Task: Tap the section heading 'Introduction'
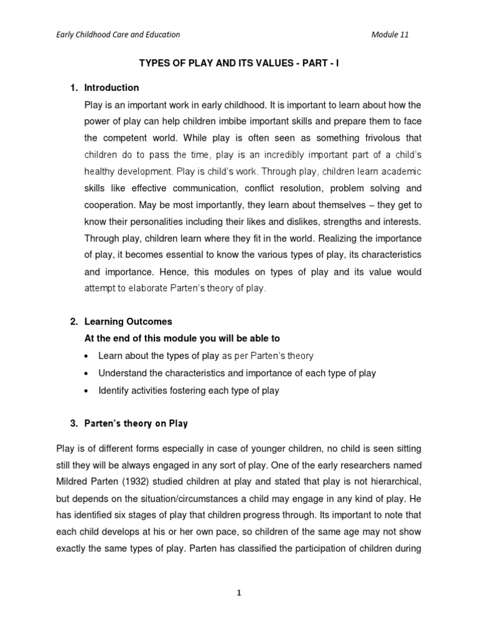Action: [111, 88]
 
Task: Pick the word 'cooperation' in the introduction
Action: [110, 204]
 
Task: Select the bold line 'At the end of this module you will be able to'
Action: [182, 338]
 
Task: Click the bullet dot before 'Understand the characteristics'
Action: [86, 373]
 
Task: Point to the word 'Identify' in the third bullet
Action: [114, 391]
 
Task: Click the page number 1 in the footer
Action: [238, 594]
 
